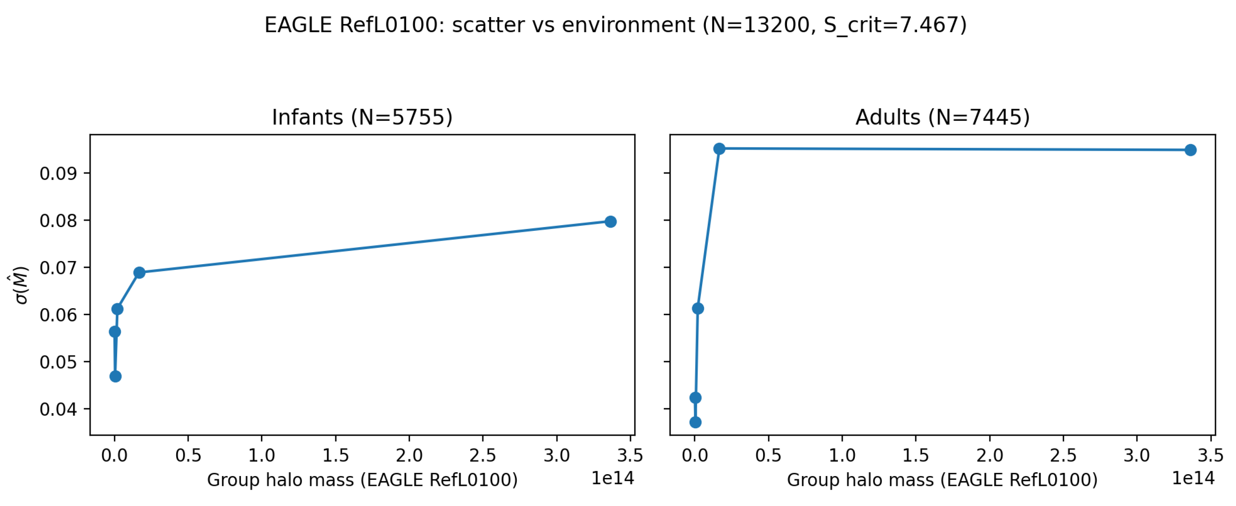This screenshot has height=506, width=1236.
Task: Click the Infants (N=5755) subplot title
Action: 362,117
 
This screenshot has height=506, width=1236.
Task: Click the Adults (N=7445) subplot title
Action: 942,117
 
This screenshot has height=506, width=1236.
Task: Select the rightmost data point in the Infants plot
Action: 610,221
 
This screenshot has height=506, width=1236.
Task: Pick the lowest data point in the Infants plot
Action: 115,376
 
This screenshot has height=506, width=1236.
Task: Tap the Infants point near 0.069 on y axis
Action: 139,273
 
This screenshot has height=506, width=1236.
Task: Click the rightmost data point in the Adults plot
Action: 1191,150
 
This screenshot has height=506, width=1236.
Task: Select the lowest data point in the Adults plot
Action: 695,422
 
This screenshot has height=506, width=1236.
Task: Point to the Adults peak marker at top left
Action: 719,149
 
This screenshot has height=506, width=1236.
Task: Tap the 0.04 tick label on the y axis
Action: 58,409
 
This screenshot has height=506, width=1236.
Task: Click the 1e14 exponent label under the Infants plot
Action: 612,478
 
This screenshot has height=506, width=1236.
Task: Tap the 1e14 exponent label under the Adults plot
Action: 1193,478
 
